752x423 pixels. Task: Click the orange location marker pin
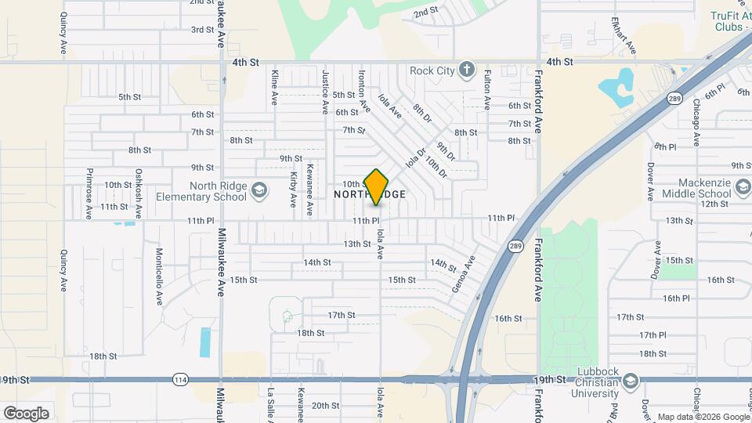tap(377, 187)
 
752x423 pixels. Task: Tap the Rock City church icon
tap(467, 70)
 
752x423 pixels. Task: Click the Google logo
tap(26, 413)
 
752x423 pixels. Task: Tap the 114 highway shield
tap(181, 380)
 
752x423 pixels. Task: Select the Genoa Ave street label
tap(464, 274)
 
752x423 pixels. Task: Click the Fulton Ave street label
tap(487, 89)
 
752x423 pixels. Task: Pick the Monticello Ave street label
tap(159, 277)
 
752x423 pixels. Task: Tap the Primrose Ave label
tap(89, 193)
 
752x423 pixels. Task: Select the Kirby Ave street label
tap(294, 190)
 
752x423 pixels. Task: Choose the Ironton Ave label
tap(363, 89)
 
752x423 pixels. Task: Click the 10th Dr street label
tap(436, 165)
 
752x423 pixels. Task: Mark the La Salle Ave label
tap(271, 404)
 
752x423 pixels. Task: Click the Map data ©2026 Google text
tap(703, 417)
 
